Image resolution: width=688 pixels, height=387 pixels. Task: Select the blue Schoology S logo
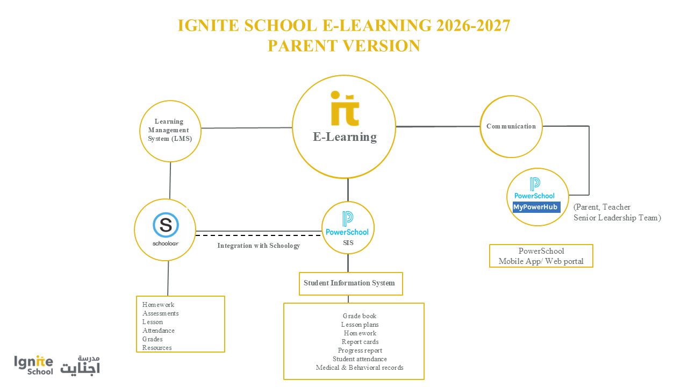pyautogui.click(x=166, y=225)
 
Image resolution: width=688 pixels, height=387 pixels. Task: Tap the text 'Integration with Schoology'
pyautogui.click(x=259, y=246)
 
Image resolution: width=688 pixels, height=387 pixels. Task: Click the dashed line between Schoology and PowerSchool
pyautogui.click(x=259, y=235)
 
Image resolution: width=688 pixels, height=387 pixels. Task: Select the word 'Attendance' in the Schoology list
pyautogui.click(x=159, y=331)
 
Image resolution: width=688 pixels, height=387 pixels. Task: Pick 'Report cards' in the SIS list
pyautogui.click(x=360, y=342)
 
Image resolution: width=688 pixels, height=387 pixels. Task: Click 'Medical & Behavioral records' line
pyautogui.click(x=360, y=368)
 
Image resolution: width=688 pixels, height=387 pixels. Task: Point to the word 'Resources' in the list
pyautogui.click(x=157, y=348)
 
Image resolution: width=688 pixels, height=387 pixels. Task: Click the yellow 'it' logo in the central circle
pyautogui.click(x=345, y=109)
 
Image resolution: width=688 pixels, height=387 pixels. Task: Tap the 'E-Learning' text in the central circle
pyautogui.click(x=345, y=137)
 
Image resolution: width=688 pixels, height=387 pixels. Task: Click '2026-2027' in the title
pyautogui.click(x=473, y=25)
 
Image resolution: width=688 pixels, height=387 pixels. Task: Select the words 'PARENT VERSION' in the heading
pyautogui.click(x=344, y=46)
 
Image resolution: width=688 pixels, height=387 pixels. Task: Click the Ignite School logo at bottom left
pyautogui.click(x=33, y=365)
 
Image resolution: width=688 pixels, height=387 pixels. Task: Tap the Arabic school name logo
pyautogui.click(x=80, y=365)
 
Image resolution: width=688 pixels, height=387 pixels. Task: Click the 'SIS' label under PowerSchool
pyautogui.click(x=348, y=243)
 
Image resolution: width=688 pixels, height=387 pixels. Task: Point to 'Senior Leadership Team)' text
pyautogui.click(x=618, y=218)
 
